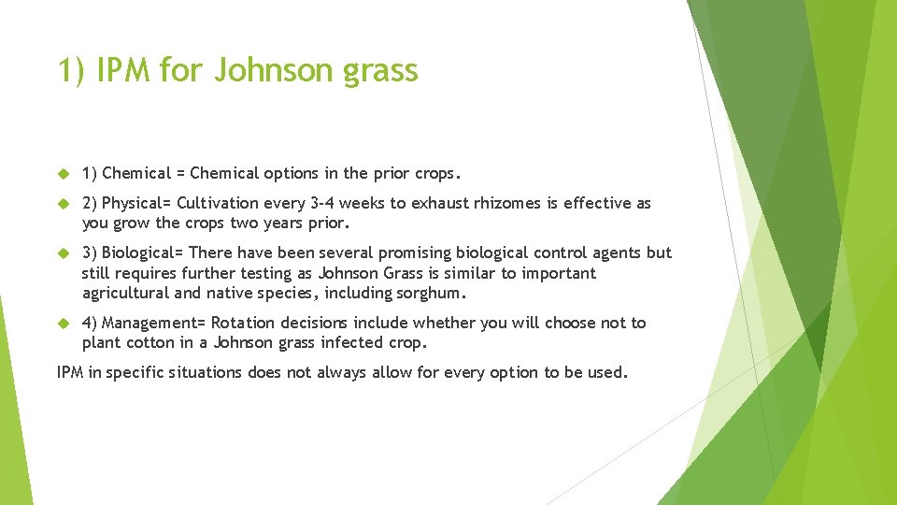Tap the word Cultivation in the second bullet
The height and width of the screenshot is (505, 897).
(218, 203)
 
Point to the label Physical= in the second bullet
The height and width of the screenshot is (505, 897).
(136, 203)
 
